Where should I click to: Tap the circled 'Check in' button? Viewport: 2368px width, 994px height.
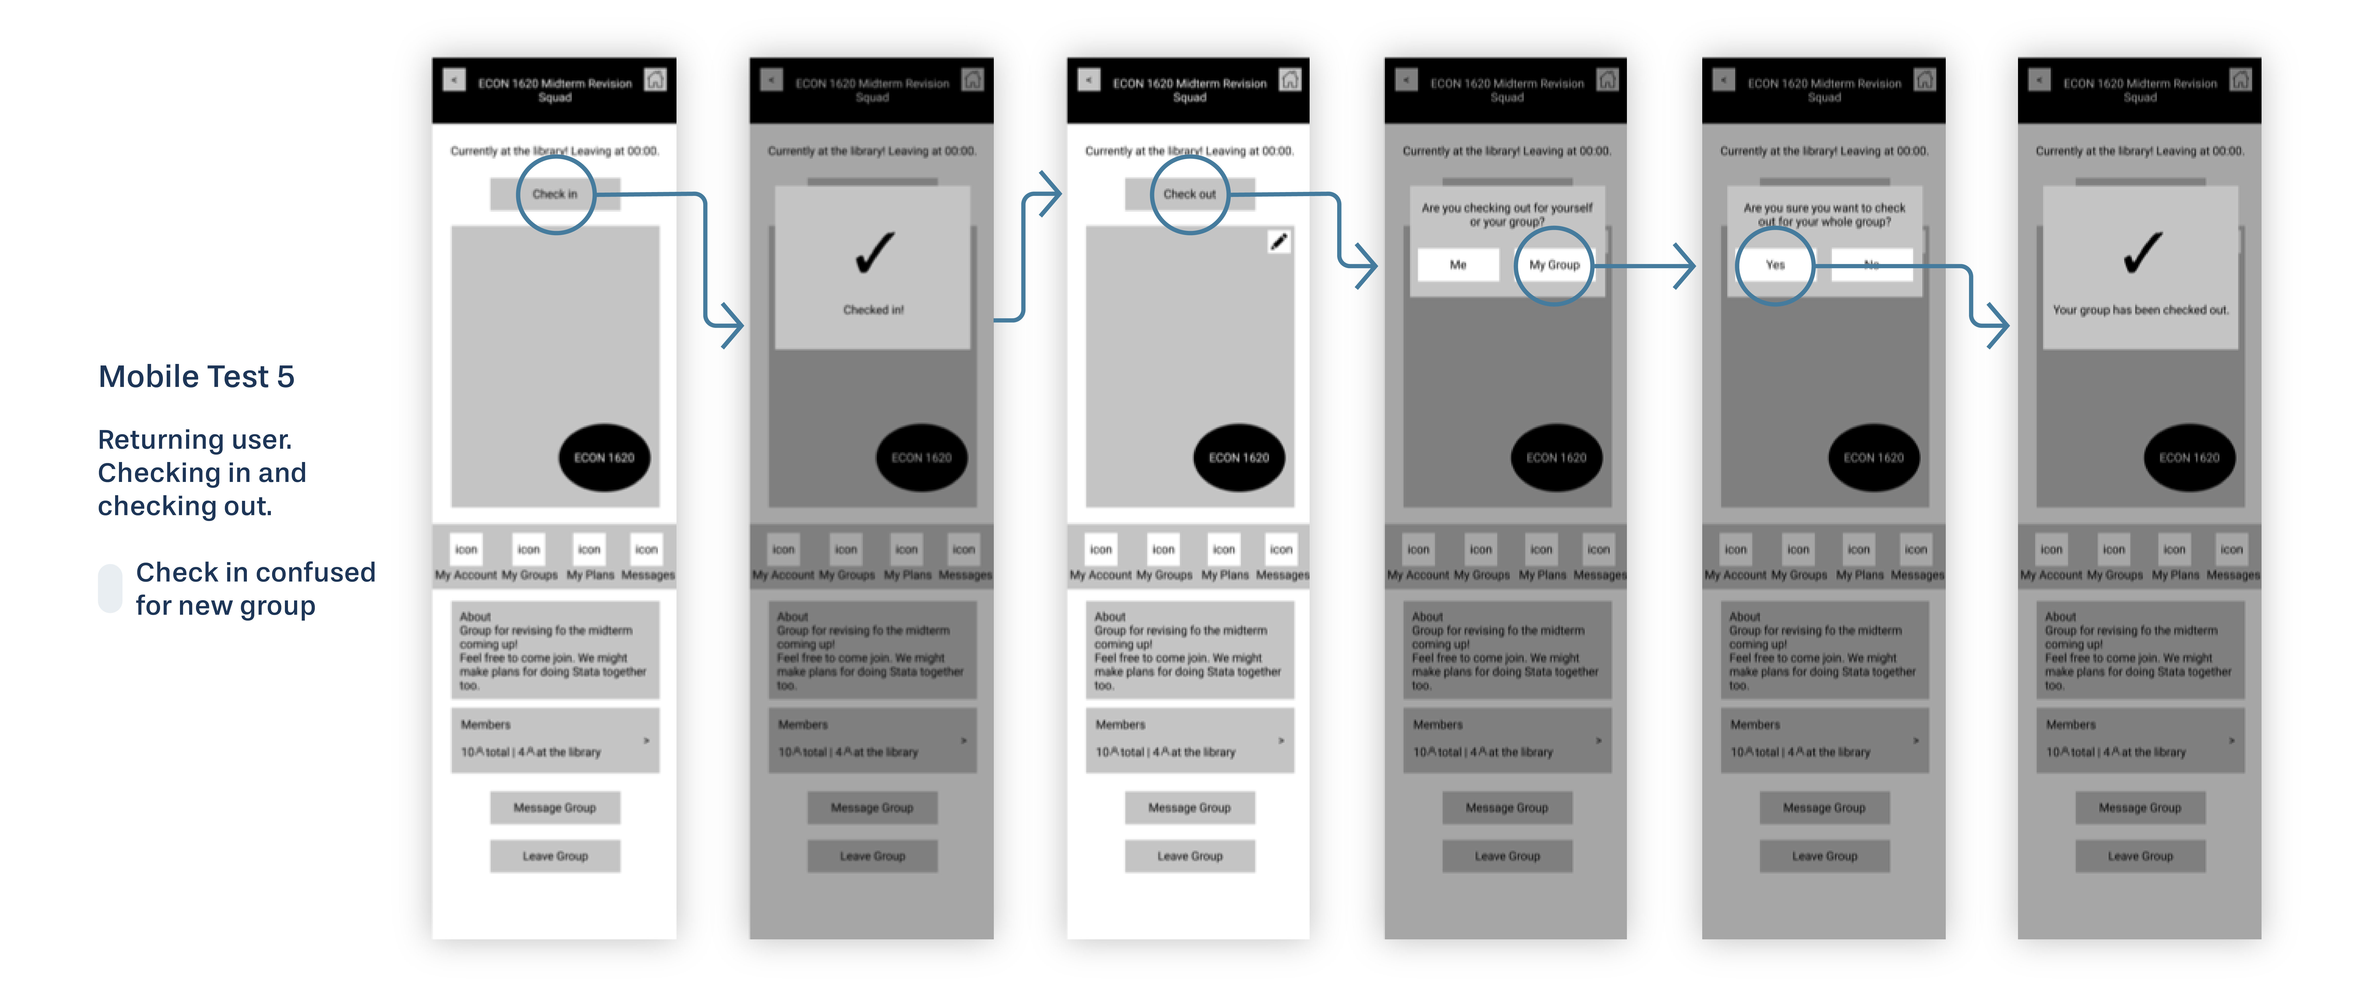[555, 194]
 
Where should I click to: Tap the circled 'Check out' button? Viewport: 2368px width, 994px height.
[1190, 194]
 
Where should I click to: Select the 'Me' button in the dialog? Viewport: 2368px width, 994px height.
[1458, 265]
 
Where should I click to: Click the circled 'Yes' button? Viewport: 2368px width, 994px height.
[1775, 265]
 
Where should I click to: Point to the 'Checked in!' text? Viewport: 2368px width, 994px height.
[873, 310]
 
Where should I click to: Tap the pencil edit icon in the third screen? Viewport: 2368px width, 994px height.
[1279, 242]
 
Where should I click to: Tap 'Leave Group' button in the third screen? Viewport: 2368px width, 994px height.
[1190, 856]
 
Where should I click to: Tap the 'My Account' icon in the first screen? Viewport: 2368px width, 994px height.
[466, 550]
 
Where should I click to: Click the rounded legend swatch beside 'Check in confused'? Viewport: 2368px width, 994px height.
[110, 588]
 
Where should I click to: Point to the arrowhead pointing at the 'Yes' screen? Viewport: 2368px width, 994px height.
[1687, 267]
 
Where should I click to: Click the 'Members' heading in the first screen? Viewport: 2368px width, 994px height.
[485, 725]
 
